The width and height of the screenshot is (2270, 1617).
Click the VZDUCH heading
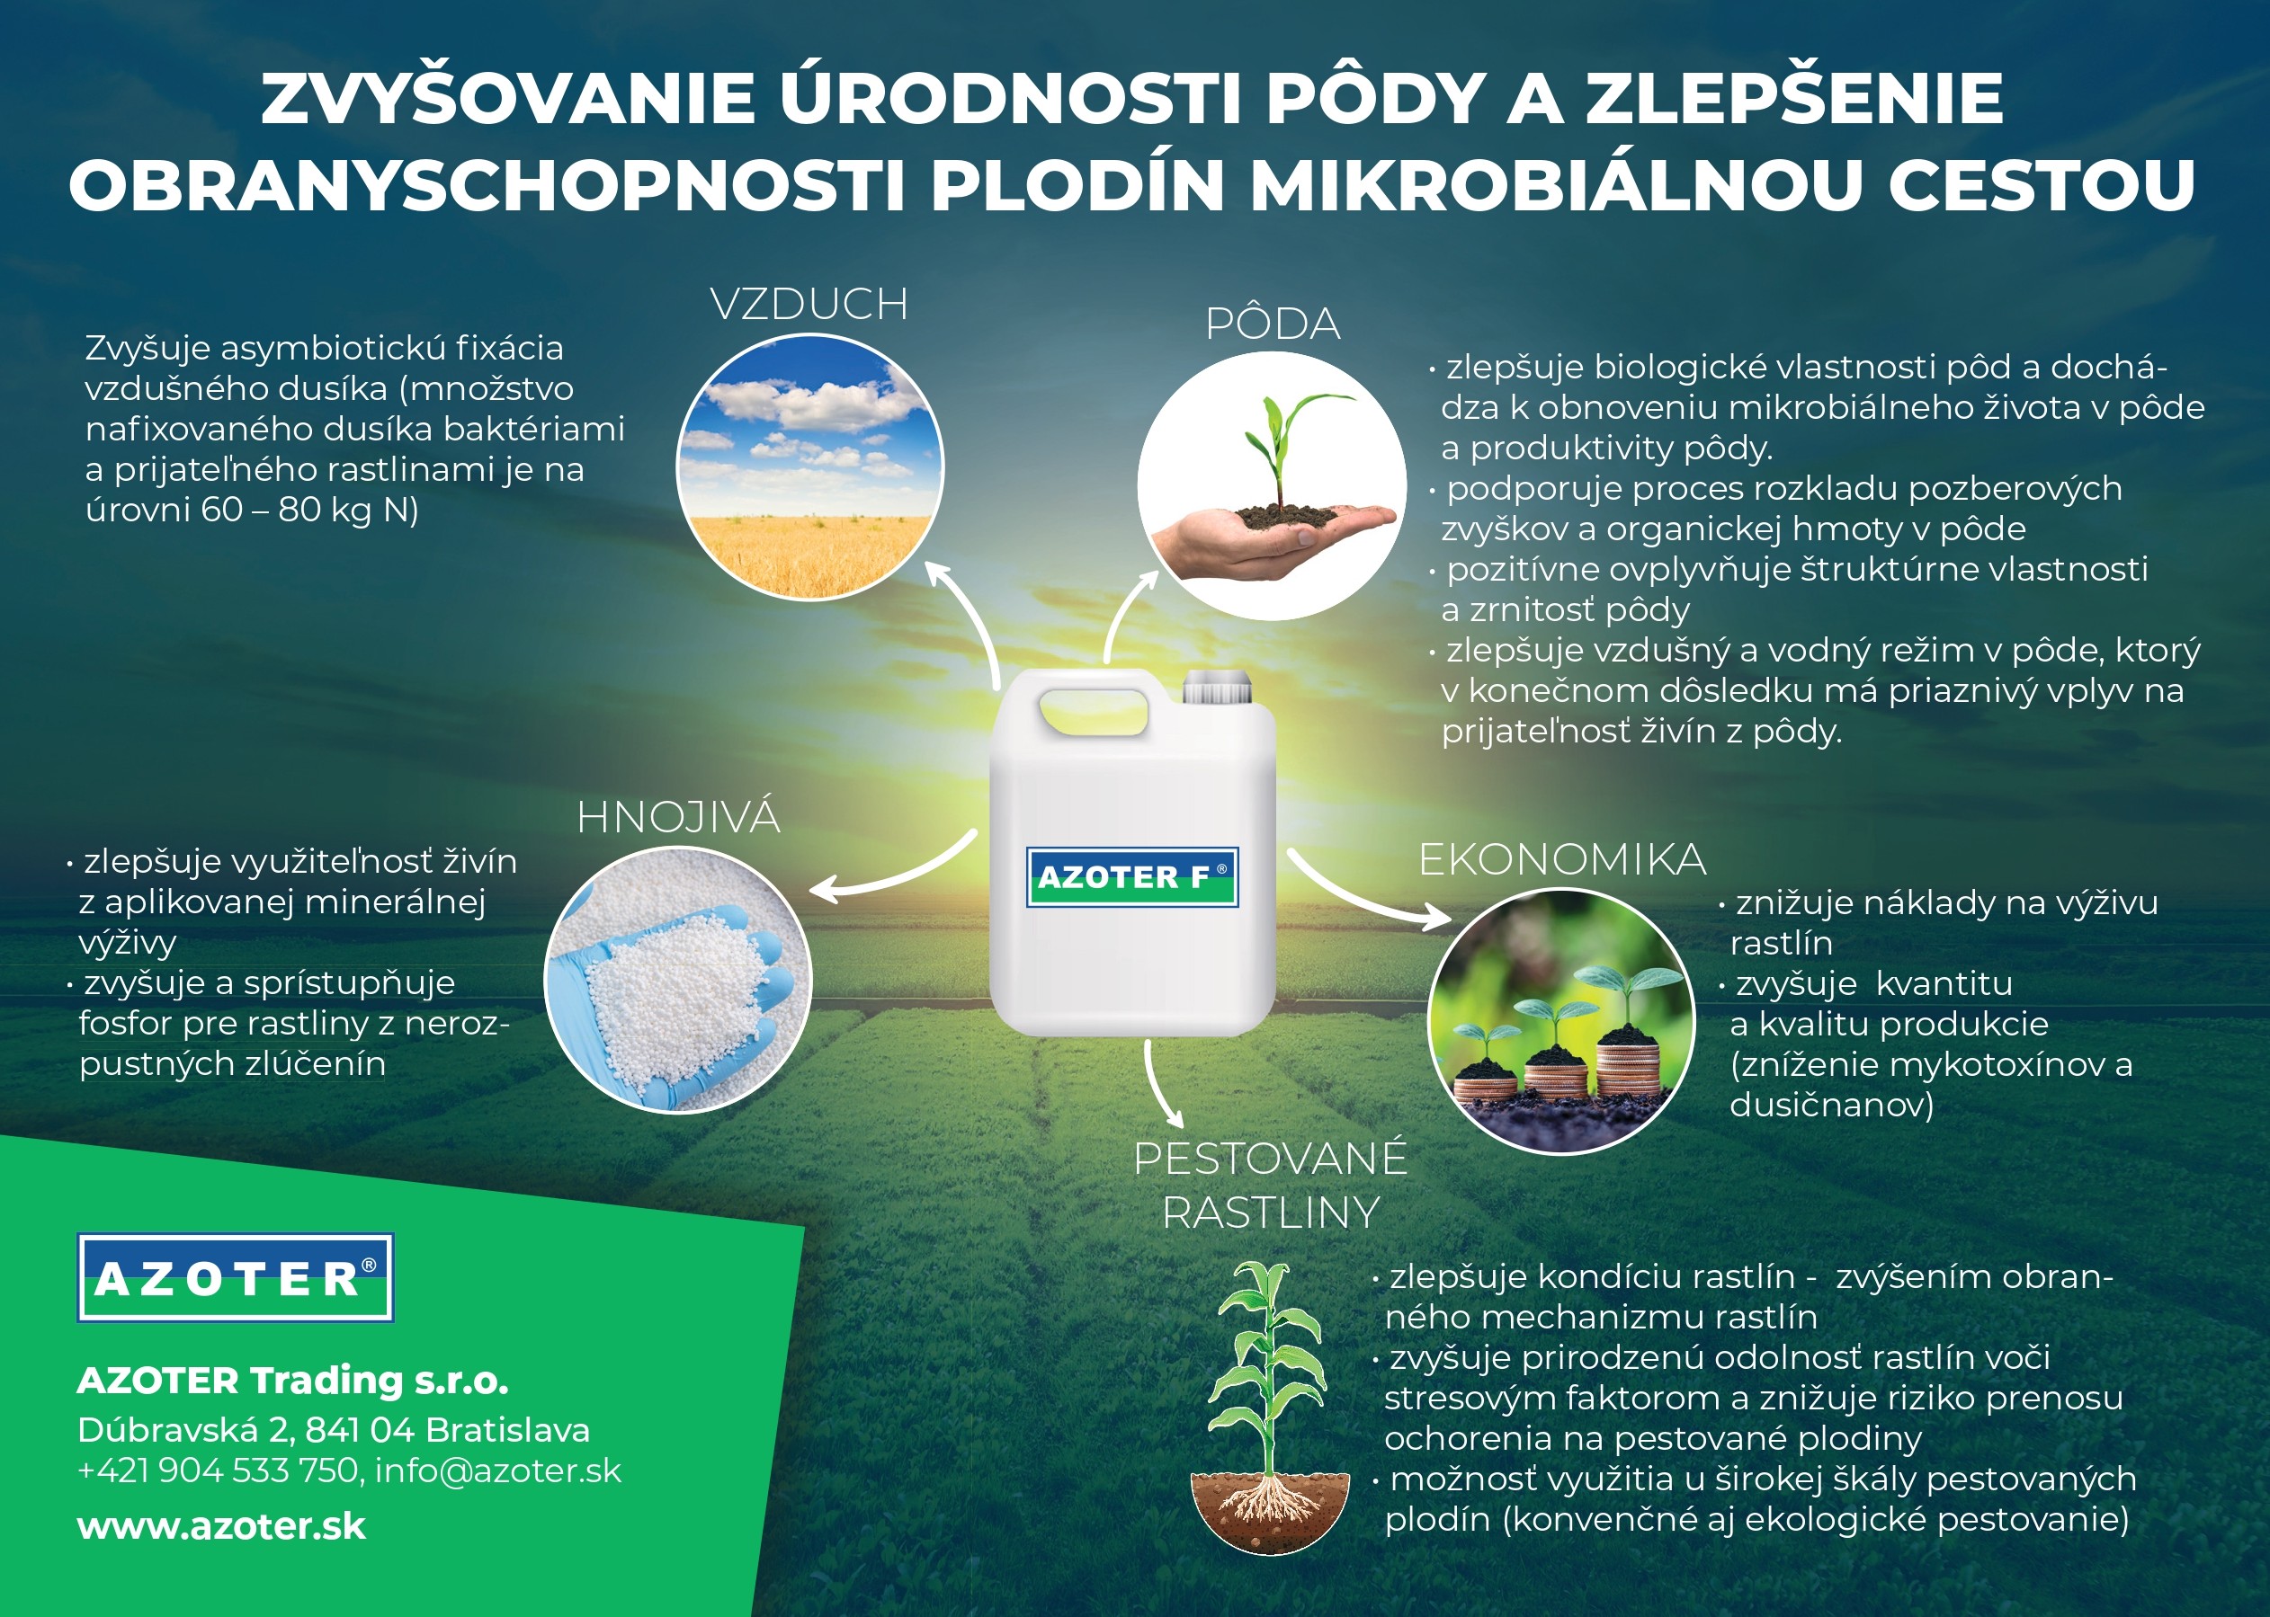(x=809, y=305)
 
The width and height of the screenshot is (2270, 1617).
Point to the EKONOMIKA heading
(x=1562, y=860)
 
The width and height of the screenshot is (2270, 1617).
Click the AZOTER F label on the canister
(x=1132, y=877)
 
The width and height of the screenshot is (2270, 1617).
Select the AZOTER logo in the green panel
(x=236, y=1277)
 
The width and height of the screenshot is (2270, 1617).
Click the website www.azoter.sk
(x=221, y=1526)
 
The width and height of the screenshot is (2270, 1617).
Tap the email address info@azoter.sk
(x=498, y=1470)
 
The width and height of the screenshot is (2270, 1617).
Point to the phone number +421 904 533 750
(x=217, y=1470)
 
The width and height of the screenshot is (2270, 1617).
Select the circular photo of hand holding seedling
(x=1272, y=486)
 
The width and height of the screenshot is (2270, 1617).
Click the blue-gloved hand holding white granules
(x=678, y=980)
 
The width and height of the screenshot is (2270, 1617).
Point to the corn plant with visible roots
(x=1270, y=1406)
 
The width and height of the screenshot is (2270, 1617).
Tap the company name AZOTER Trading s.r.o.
(x=293, y=1381)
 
